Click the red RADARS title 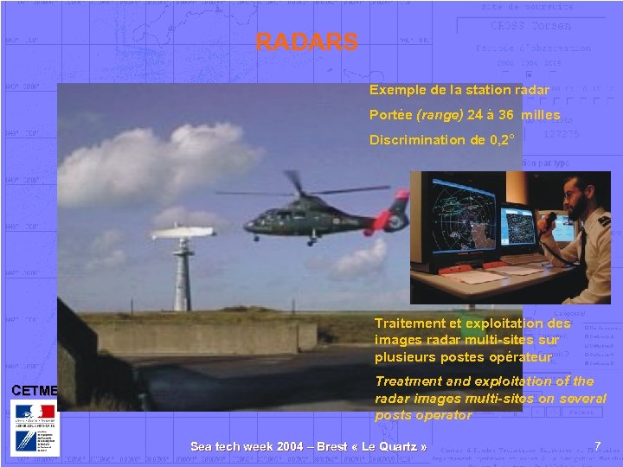point(306,42)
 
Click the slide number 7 point(598,445)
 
